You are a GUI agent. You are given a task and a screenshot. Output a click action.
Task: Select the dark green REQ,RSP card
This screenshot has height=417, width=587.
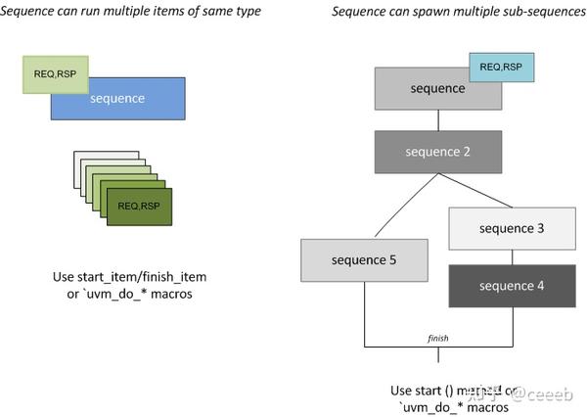coord(139,206)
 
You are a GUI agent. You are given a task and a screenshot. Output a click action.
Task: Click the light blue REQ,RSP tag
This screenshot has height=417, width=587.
coord(500,68)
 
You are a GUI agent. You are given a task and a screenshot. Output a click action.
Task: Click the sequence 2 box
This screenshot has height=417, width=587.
coord(437,152)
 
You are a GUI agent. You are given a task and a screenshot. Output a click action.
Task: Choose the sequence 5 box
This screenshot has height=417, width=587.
coord(365,260)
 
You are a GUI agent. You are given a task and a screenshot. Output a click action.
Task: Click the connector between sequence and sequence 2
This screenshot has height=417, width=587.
coord(437,119)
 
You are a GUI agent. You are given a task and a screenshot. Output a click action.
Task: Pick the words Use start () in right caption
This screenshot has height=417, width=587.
coord(422,389)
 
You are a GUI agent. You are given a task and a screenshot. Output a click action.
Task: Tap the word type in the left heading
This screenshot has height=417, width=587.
coord(259,12)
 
